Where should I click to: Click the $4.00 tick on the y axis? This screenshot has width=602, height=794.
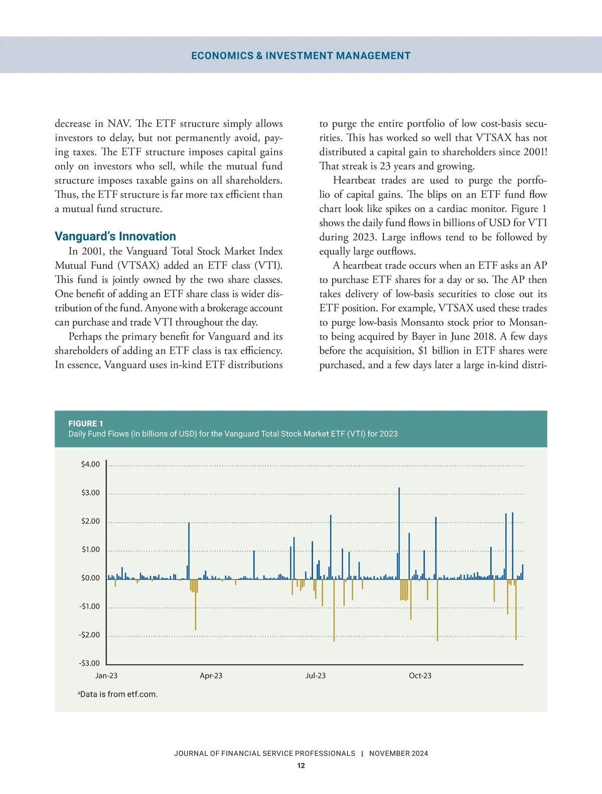(90, 464)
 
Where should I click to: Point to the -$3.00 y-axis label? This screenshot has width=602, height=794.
(89, 663)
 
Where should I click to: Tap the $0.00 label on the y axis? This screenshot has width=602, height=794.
(90, 578)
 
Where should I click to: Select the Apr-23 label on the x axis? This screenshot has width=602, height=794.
(211, 676)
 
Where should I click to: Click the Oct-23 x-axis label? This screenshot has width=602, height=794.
(420, 676)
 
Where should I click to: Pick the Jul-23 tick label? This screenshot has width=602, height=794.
(316, 676)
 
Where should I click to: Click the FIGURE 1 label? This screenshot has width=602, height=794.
(86, 423)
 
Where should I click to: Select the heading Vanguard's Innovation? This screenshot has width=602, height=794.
(115, 236)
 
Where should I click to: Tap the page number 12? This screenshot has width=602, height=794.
(301, 765)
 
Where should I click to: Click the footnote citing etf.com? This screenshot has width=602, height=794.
(118, 694)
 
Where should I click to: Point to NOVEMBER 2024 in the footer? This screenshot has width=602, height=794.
(399, 753)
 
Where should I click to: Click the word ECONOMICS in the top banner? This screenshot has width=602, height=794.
(222, 56)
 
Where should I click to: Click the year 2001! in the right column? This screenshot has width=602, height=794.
(535, 152)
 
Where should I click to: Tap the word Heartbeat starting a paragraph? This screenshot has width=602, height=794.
(354, 180)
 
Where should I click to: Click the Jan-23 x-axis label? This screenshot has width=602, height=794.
(106, 676)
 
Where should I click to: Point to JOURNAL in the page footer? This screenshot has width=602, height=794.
(191, 753)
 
